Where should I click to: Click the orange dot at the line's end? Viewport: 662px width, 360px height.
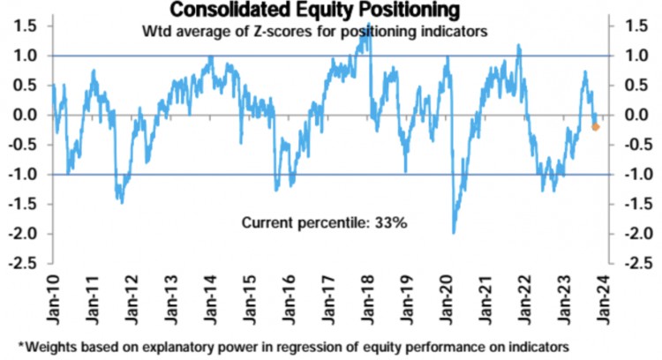595,127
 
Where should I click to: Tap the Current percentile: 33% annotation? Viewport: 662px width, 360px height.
324,223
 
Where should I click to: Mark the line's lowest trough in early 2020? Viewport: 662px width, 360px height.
454,232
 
